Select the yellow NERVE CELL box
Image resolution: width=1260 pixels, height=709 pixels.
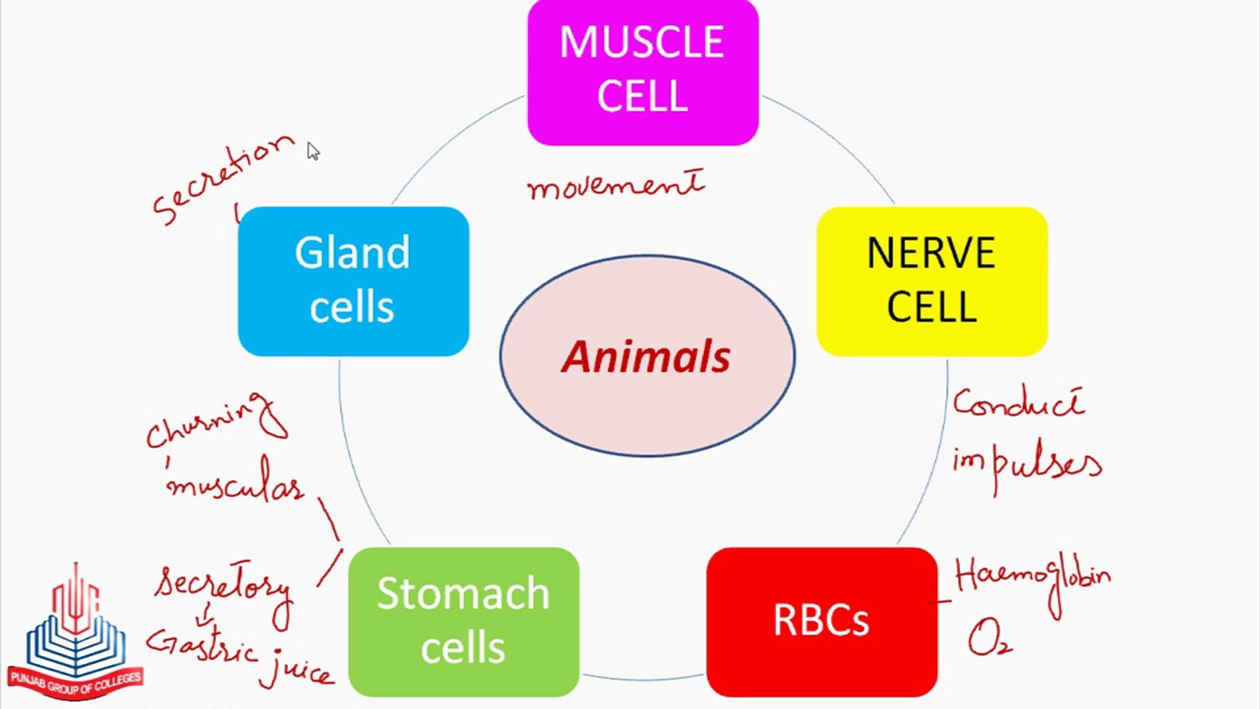931,281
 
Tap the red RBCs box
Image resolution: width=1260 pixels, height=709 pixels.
821,620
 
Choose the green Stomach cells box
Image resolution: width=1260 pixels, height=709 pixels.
463,620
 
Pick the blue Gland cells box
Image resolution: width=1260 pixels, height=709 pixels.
353,281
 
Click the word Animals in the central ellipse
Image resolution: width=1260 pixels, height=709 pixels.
646,357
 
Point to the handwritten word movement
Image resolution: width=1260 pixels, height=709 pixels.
616,186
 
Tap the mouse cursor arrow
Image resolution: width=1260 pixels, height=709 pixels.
313,151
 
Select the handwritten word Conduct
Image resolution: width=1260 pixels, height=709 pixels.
1018,402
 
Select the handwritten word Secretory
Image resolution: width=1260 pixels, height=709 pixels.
223,586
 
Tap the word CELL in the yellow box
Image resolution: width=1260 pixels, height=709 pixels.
931,307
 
